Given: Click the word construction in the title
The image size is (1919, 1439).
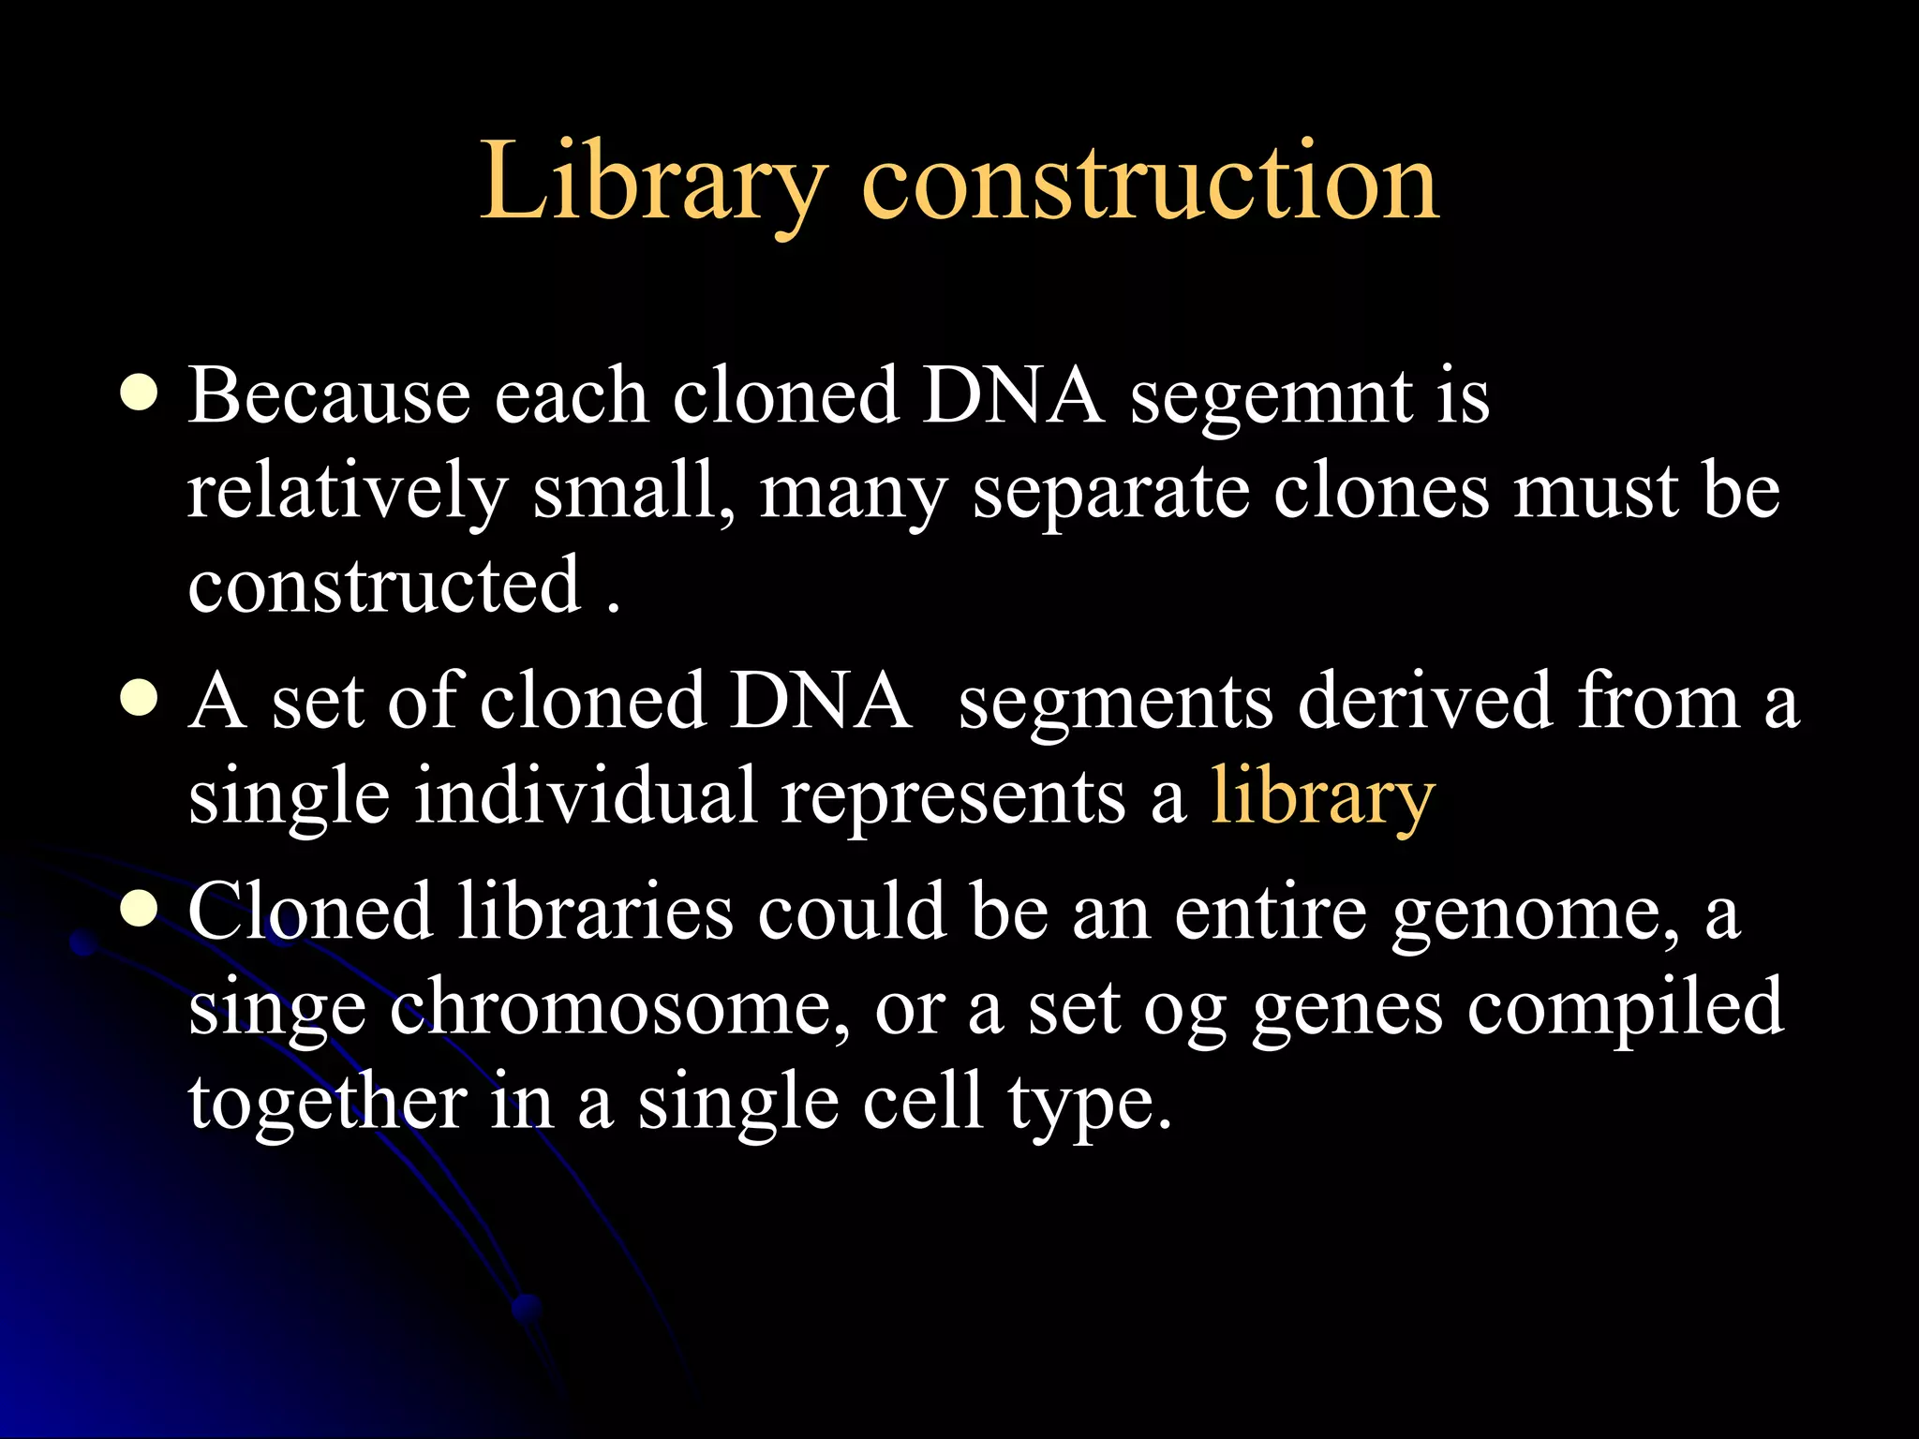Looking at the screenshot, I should point(1149,180).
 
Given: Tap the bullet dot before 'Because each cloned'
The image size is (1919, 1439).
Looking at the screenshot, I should point(139,394).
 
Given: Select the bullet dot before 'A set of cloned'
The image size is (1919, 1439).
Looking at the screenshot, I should point(139,699).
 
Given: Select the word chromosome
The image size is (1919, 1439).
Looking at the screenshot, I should point(619,1007).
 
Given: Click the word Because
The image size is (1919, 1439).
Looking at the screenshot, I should point(329,395).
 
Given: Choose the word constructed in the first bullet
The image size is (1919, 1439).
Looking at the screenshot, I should point(384,586).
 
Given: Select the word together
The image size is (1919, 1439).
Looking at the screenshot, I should point(327,1103).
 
